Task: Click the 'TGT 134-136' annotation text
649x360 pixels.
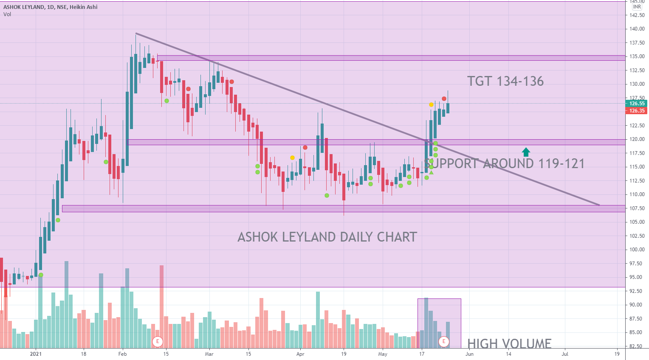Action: point(505,81)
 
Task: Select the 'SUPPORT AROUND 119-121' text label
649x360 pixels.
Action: point(504,163)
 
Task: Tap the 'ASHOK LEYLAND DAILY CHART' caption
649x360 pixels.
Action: point(327,237)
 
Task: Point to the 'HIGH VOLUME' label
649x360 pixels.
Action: point(509,343)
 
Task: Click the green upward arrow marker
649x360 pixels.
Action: point(526,152)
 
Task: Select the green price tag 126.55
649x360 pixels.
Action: point(636,104)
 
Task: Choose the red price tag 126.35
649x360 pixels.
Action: point(636,111)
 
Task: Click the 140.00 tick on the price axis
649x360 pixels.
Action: point(637,29)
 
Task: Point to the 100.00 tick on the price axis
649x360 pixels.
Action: point(637,250)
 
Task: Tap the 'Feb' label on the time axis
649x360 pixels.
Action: point(122,354)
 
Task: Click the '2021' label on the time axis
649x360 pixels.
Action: point(36,354)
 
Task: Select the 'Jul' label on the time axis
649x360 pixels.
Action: point(565,354)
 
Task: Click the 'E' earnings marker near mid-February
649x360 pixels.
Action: point(158,341)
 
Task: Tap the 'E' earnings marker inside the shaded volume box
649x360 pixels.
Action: point(444,341)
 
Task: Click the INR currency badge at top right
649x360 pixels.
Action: point(637,7)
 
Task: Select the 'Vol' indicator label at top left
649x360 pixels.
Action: point(7,14)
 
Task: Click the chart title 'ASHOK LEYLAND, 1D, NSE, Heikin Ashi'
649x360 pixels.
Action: point(51,7)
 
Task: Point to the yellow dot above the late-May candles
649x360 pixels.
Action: point(431,104)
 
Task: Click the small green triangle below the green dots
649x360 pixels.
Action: point(431,172)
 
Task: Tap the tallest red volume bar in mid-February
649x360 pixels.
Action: point(161,297)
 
